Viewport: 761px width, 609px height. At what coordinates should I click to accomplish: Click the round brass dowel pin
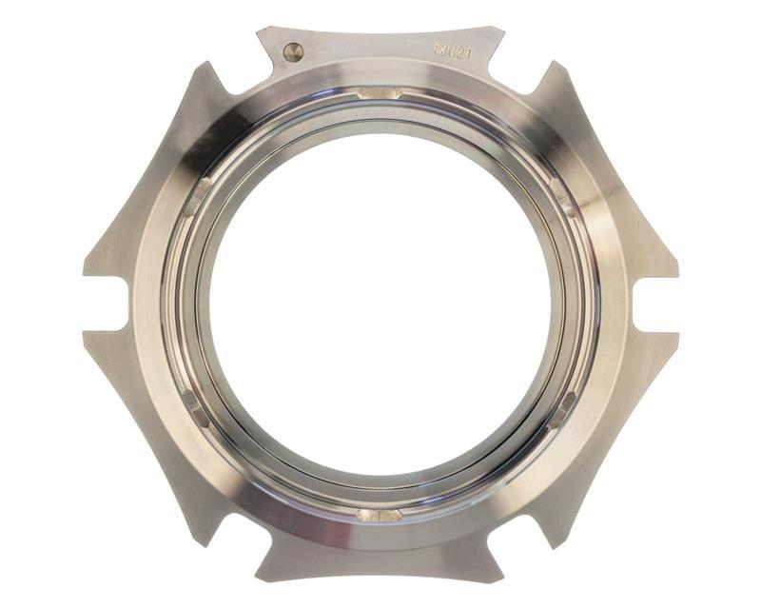coord(293,52)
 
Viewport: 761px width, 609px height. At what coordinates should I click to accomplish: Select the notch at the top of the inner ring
coord(379,93)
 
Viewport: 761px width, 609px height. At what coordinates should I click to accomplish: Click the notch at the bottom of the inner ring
coord(379,515)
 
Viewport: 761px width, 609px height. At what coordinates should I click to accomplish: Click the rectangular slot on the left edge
coord(112,304)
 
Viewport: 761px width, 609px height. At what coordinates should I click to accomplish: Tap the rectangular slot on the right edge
coord(650,304)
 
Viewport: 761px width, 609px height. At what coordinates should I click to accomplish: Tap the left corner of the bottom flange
coord(259,578)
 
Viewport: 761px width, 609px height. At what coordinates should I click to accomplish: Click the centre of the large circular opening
coord(380,305)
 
